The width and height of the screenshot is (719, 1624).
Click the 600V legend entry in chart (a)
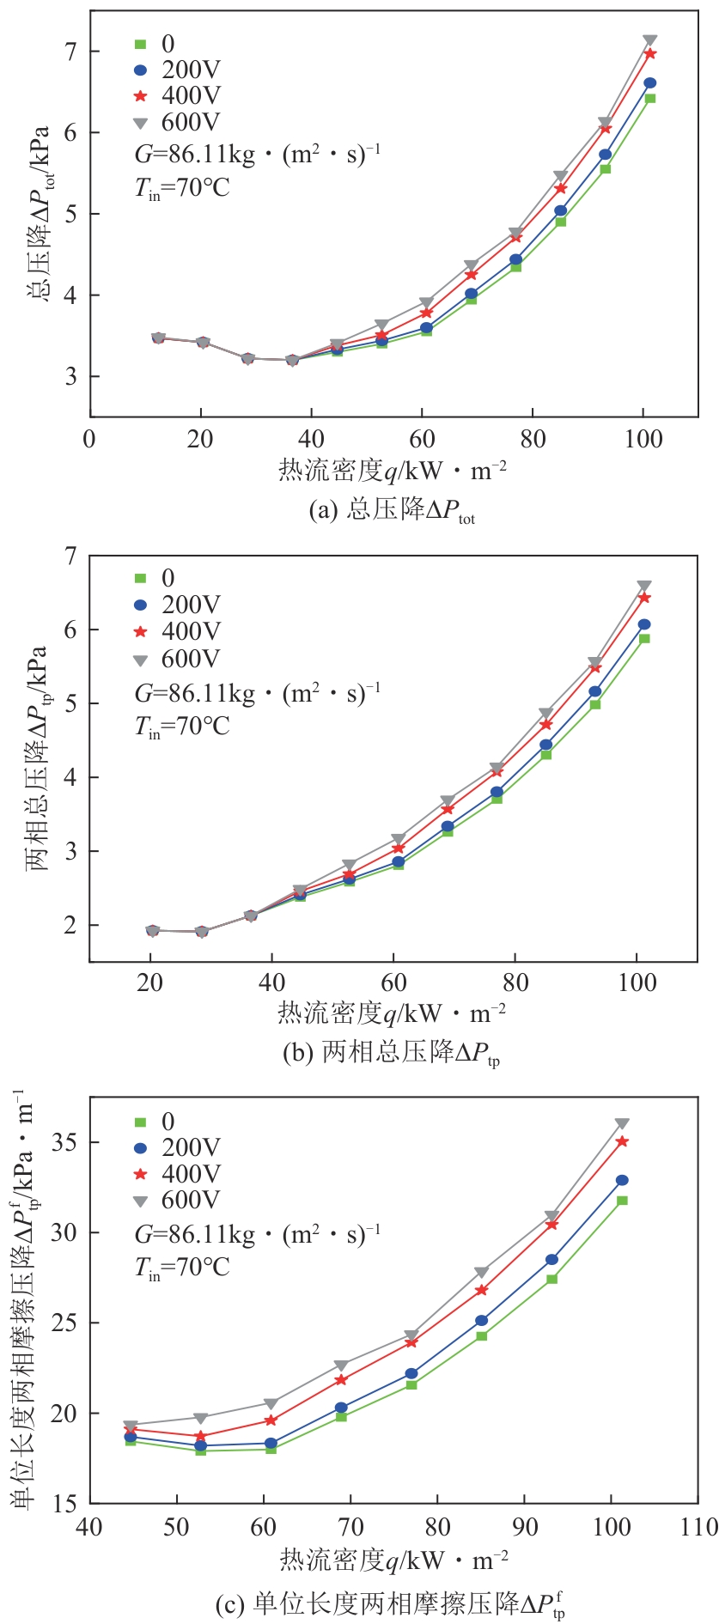tap(177, 122)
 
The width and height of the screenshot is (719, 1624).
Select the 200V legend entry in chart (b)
tap(177, 605)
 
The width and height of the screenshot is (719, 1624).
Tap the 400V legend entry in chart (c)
tap(177, 1173)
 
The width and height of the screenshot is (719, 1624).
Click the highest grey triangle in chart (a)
tap(650, 40)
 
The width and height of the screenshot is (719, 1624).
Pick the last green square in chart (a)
tap(650, 98)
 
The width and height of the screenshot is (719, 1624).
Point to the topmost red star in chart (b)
tap(644, 597)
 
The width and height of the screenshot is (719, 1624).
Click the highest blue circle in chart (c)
tap(622, 1180)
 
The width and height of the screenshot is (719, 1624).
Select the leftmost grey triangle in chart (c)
tap(131, 1425)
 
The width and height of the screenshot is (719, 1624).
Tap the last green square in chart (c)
tap(622, 1200)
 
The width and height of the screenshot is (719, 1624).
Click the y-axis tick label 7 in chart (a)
tap(70, 52)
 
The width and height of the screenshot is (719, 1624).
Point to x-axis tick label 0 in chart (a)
tap(89, 439)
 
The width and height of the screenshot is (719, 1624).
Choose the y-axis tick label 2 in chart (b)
tap(70, 925)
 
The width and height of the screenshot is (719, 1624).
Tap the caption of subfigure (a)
tap(392, 511)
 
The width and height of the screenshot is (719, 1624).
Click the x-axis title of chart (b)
tap(392, 1013)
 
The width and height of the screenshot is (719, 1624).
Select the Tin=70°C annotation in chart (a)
tap(182, 187)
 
